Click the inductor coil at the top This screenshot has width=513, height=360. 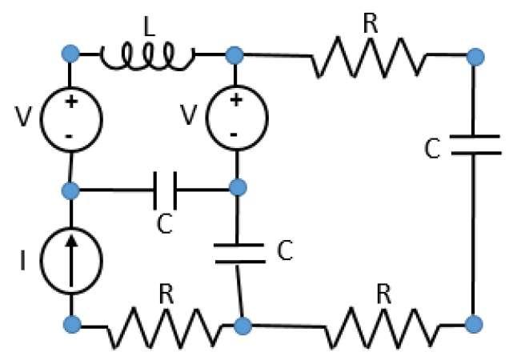(x=147, y=56)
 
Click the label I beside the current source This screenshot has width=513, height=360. (x=25, y=261)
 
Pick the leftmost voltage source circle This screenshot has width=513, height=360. (x=71, y=120)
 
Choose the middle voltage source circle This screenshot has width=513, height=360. (x=236, y=118)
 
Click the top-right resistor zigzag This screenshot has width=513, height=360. (x=367, y=57)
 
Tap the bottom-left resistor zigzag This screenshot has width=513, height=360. (x=164, y=326)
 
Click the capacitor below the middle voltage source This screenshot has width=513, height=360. (x=238, y=253)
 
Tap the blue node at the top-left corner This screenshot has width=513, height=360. (x=71, y=55)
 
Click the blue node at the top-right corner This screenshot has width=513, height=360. (x=475, y=56)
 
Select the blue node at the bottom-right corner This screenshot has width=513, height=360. (x=474, y=324)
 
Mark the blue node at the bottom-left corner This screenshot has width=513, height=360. (x=71, y=324)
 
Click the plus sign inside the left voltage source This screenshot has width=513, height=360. (x=71, y=102)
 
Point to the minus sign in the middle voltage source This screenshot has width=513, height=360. (x=234, y=134)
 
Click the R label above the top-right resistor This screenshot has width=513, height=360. (x=369, y=22)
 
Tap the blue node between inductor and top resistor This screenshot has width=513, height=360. (x=234, y=55)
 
